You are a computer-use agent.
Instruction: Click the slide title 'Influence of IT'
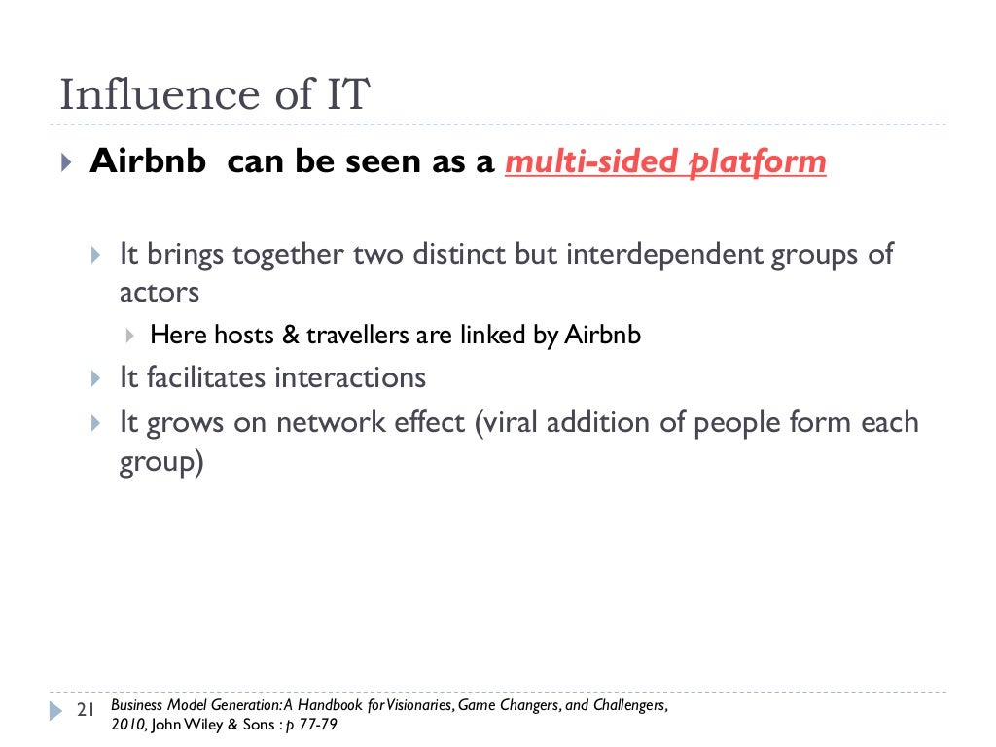(214, 95)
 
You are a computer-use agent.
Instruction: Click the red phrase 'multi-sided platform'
(665, 162)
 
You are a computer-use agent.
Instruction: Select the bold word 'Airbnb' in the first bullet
(148, 161)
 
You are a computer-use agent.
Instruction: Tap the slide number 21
(85, 711)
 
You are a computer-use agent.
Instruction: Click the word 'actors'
(159, 292)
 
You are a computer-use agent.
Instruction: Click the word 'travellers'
(357, 336)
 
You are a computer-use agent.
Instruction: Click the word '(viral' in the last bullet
(510, 424)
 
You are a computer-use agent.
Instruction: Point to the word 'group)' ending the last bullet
(161, 462)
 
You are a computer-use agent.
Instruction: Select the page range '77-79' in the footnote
(315, 725)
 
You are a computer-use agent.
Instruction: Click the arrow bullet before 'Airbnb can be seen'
(65, 162)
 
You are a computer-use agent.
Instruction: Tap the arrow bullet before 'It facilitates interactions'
(94, 377)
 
